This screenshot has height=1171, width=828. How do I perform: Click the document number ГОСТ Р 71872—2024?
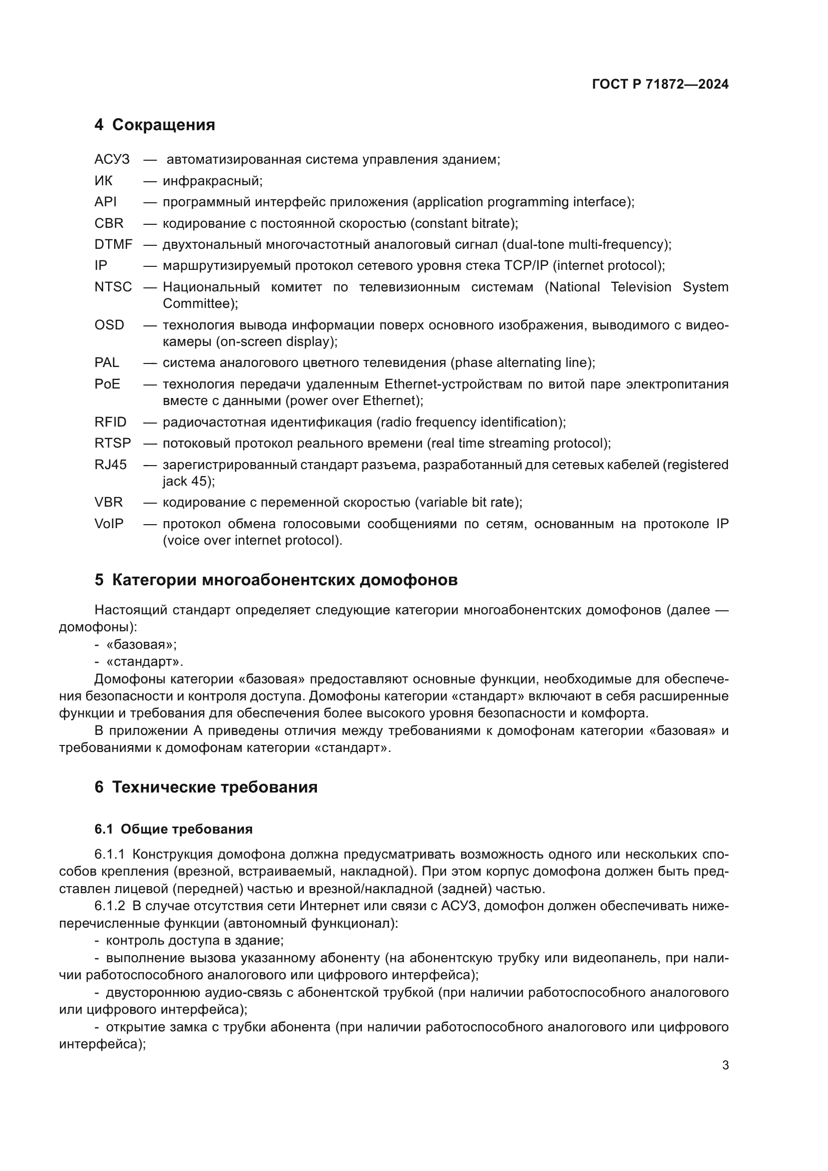660,84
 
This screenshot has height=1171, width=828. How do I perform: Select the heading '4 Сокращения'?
155,125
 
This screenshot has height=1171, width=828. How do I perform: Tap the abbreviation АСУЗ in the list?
112,160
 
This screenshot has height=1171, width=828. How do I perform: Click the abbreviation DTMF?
113,244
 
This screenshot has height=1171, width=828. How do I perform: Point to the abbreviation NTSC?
113,287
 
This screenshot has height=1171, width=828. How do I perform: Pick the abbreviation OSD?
109,325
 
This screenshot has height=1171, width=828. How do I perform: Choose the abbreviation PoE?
107,384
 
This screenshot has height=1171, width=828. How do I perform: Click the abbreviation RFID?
110,423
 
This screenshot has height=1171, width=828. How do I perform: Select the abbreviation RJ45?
110,465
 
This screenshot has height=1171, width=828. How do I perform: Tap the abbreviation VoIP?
109,524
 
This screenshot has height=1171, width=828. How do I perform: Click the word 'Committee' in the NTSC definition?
197,304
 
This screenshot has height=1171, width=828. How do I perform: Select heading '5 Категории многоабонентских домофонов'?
276,580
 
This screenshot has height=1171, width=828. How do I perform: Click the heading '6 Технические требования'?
206,787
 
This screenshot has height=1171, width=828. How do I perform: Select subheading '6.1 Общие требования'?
173,829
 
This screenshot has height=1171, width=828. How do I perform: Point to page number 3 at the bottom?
725,1065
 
